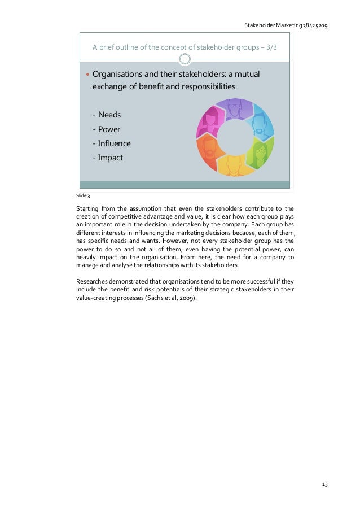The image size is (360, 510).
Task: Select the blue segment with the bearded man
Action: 260,121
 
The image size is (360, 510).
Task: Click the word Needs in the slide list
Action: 109,115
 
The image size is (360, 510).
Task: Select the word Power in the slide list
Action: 109,129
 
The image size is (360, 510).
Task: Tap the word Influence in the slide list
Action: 114,143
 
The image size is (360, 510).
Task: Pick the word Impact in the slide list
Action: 111,158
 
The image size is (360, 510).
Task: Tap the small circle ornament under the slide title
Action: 185,59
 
